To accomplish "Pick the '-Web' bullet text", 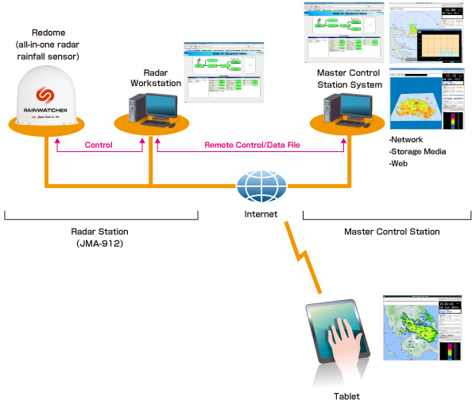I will [x=399, y=162].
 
